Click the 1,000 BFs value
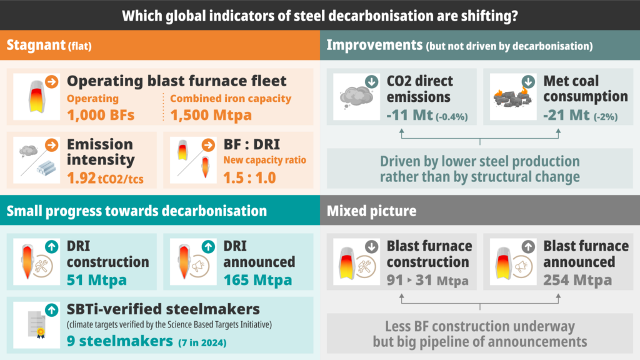(x=101, y=114)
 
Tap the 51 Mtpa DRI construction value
(x=96, y=279)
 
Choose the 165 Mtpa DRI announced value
(x=257, y=279)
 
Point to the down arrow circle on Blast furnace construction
(x=372, y=246)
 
